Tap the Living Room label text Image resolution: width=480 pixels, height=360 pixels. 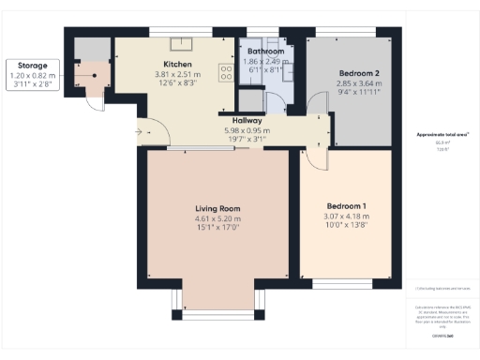[217, 207]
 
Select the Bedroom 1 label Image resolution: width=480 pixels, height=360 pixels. [346, 205]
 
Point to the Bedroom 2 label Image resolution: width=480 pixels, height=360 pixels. [357, 73]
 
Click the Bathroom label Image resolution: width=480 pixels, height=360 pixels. [266, 51]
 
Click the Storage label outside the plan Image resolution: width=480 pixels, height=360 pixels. [26, 65]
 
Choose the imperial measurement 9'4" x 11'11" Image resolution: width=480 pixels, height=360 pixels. [357, 92]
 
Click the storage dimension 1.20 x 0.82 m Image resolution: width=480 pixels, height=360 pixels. [27, 74]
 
